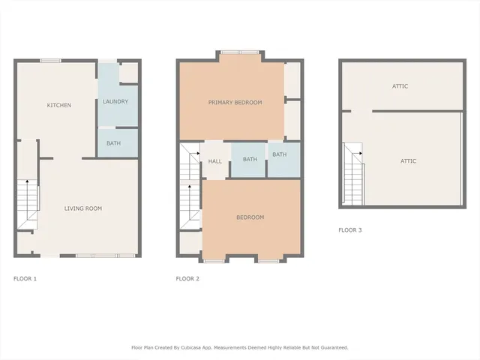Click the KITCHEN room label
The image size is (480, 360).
[59, 105]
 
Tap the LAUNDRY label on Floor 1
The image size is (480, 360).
[115, 101]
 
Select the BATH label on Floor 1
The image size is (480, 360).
[113, 142]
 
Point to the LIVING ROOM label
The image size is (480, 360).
[82, 208]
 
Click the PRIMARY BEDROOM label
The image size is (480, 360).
[235, 102]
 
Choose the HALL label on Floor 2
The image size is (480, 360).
[214, 160]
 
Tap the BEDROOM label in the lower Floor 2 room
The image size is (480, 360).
[250, 217]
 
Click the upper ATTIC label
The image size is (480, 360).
[400, 86]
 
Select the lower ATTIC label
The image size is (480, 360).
[408, 161]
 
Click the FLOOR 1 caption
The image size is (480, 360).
[25, 278]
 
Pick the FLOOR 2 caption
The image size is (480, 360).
[187, 278]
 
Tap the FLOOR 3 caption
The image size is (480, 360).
[349, 230]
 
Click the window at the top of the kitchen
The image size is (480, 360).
[51, 61]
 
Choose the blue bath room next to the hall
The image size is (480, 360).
[249, 160]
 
